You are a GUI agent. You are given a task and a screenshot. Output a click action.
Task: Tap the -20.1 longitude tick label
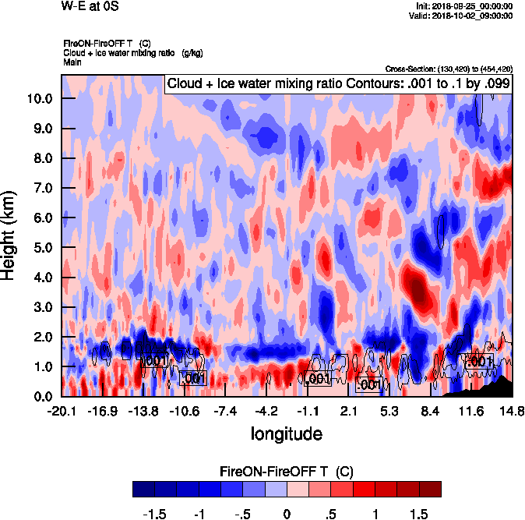tap(61, 411)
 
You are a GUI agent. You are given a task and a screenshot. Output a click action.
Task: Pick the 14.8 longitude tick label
tap(511, 411)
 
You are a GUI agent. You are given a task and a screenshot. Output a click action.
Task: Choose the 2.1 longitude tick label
tap(348, 411)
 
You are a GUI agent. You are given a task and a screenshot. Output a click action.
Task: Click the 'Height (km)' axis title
tap(11, 235)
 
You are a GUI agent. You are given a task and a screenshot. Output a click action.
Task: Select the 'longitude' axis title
tap(286, 432)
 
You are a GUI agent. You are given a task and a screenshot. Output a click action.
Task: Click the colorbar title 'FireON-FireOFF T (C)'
tap(287, 472)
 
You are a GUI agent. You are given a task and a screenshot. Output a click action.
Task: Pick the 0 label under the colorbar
tap(287, 514)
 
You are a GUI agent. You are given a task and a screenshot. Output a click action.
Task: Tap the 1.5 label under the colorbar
tap(419, 514)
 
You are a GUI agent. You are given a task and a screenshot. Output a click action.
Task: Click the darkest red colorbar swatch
tap(430, 489)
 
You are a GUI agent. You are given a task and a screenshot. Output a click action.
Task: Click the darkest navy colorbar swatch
tap(143, 489)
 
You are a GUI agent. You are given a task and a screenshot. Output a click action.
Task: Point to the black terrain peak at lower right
tap(506, 381)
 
